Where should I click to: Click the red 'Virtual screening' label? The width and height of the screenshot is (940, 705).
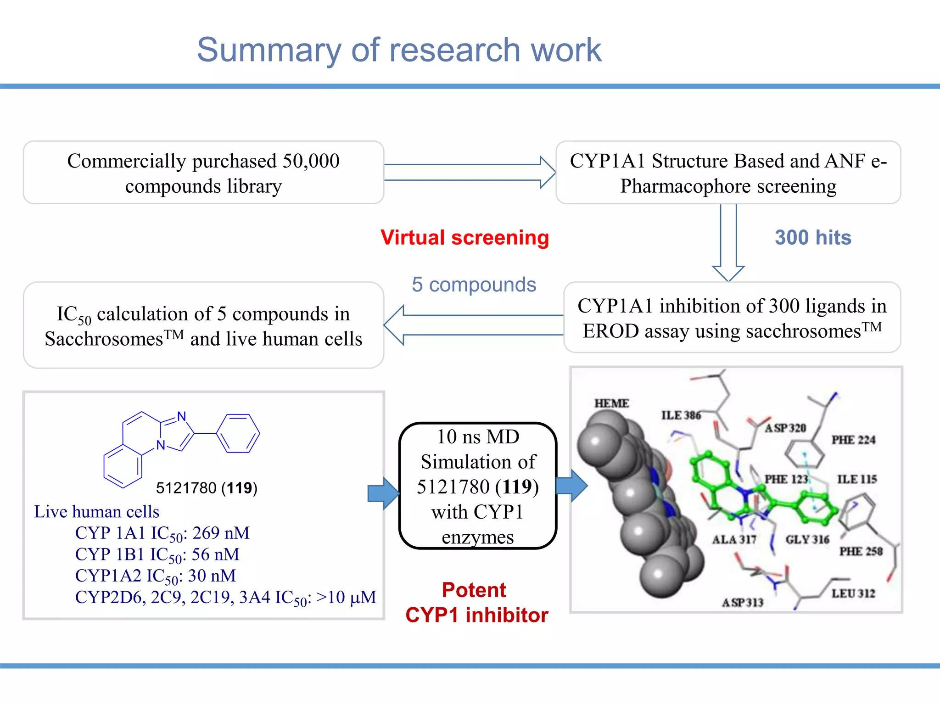coord(464,238)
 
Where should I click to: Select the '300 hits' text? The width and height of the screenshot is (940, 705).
coord(813,238)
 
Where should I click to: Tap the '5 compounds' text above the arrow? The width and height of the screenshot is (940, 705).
coord(474,285)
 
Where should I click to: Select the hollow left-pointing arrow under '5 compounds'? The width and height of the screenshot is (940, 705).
coord(473,325)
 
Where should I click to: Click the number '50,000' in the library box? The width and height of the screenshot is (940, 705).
coord(311,161)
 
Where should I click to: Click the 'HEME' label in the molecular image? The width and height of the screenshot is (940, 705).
coord(611,403)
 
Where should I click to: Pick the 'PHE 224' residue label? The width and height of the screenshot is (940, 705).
coord(853,440)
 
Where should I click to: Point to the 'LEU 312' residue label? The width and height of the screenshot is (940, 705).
coord(853,593)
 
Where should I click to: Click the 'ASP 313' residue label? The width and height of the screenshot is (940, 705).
coord(742,602)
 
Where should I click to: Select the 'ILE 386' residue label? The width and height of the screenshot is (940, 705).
coord(681,415)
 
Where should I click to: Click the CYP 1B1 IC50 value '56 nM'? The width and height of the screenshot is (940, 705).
coord(215,554)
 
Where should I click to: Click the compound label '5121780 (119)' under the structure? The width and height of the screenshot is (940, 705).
coord(207,487)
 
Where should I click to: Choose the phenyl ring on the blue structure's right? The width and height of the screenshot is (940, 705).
coord(238,433)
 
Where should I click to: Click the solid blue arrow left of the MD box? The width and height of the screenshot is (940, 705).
coord(383,493)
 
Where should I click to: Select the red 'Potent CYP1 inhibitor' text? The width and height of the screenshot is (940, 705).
coord(476,602)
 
